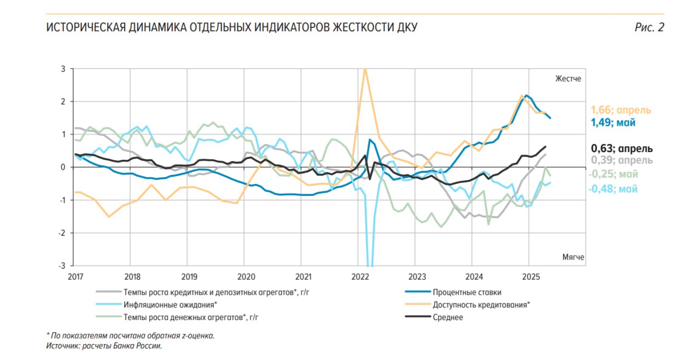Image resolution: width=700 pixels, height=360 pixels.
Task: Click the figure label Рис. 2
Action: pos(649,27)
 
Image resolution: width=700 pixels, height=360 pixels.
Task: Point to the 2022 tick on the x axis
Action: pos(359,276)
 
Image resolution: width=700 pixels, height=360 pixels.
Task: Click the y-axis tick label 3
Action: pos(63,69)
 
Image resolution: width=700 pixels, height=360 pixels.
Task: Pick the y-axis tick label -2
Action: pos(62,233)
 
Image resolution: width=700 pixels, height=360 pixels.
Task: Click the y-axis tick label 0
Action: pos(63,167)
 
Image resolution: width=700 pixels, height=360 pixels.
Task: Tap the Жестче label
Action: pos(568,78)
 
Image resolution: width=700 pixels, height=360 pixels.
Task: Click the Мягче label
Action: pos(573,257)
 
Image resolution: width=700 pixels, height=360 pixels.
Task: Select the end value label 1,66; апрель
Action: pos(621,110)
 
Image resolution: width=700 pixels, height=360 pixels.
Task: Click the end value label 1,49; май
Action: pos(614,123)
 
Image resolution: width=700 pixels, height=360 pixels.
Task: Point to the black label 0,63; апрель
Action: pos(622,148)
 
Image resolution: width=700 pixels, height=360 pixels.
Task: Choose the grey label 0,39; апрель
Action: pos(622,160)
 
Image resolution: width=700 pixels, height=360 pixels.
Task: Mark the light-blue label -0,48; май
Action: pos(613,189)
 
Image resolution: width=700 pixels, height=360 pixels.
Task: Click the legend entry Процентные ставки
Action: pos(466,292)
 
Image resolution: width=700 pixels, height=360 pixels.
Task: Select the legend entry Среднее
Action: pos(448,317)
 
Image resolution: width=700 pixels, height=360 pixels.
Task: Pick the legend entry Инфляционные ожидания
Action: pos(170,304)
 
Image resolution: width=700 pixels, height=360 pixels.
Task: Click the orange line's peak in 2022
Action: pos(365,69)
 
